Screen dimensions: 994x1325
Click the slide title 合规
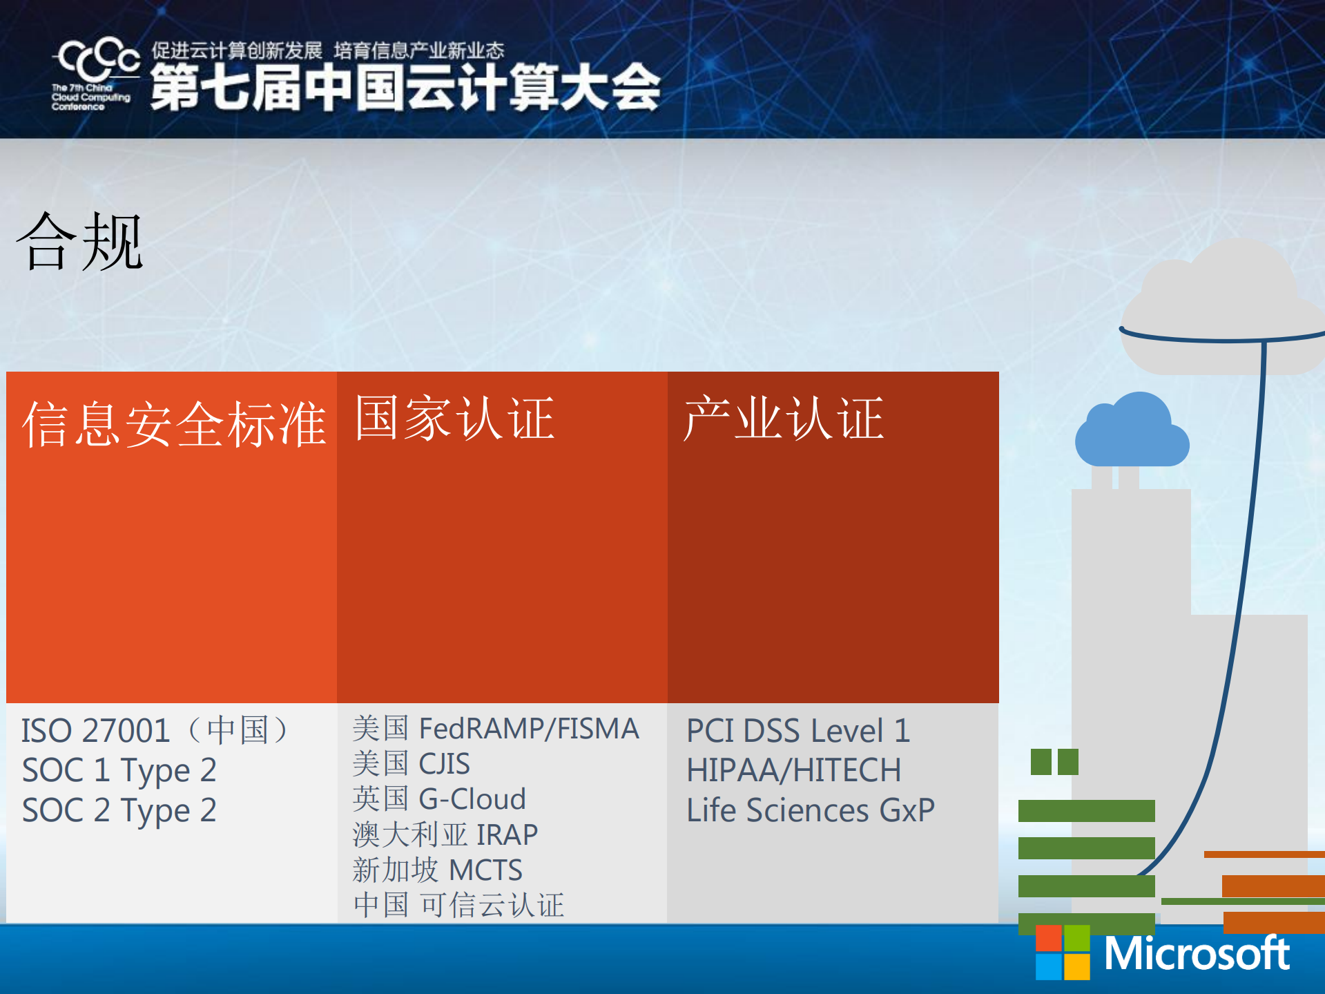click(79, 242)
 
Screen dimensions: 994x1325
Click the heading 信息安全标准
click(173, 424)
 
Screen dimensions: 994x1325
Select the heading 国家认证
click(454, 418)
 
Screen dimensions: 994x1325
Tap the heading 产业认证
click(783, 418)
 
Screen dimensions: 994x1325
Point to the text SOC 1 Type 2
click(119, 770)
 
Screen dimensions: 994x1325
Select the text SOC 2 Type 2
click(119, 810)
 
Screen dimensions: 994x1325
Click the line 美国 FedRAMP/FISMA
click(495, 729)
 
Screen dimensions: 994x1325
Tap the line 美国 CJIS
click(411, 764)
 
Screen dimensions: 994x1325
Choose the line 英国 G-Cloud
click(439, 799)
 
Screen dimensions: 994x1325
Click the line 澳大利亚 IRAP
click(445, 834)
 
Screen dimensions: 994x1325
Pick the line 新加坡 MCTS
click(437, 870)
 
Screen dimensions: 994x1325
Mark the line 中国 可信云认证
click(458, 905)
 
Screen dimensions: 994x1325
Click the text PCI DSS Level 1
click(798, 731)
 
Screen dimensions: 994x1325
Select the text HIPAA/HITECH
click(793, 770)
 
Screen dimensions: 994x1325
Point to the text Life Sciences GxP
click(810, 810)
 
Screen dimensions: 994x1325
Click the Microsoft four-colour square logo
click(1062, 953)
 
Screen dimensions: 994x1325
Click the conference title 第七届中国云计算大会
click(405, 88)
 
